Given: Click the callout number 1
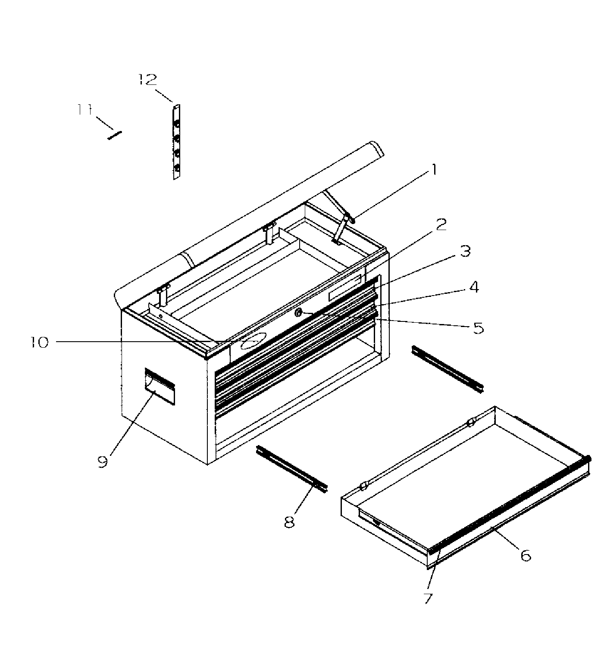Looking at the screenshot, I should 434,170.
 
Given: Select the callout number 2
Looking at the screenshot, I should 440,224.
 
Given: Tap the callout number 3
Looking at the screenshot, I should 465,251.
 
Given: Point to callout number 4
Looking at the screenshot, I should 474,287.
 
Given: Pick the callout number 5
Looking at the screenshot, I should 478,328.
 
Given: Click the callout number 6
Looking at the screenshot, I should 525,555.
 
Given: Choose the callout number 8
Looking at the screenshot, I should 289,521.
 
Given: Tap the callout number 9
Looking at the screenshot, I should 102,462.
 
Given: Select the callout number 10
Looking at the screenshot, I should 40,343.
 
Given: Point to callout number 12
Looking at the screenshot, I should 148,80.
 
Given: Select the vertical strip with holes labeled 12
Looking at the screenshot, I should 176,142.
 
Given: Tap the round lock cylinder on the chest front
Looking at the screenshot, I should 298,314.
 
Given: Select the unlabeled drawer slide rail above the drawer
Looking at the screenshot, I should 448,369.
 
